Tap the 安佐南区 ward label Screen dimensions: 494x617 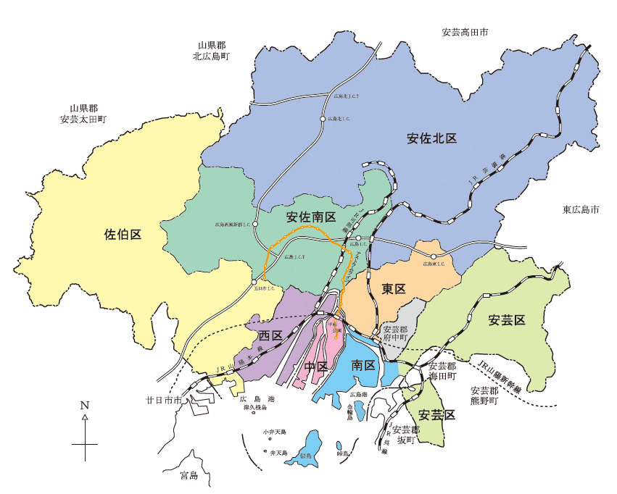click(311, 217)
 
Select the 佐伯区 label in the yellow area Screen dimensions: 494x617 click(123, 234)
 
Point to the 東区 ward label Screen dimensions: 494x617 click(393, 288)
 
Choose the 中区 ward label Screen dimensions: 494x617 click(316, 366)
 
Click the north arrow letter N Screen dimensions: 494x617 click(85, 406)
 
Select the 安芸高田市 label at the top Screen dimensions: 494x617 click(465, 33)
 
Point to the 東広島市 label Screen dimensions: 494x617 click(581, 210)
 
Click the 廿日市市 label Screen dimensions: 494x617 click(163, 400)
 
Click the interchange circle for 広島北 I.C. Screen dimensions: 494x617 click(322, 118)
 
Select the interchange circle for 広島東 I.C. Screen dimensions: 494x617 click(434, 256)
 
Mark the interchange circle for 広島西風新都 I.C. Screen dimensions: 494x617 click(255, 224)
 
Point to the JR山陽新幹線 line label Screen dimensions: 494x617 click(500, 375)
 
